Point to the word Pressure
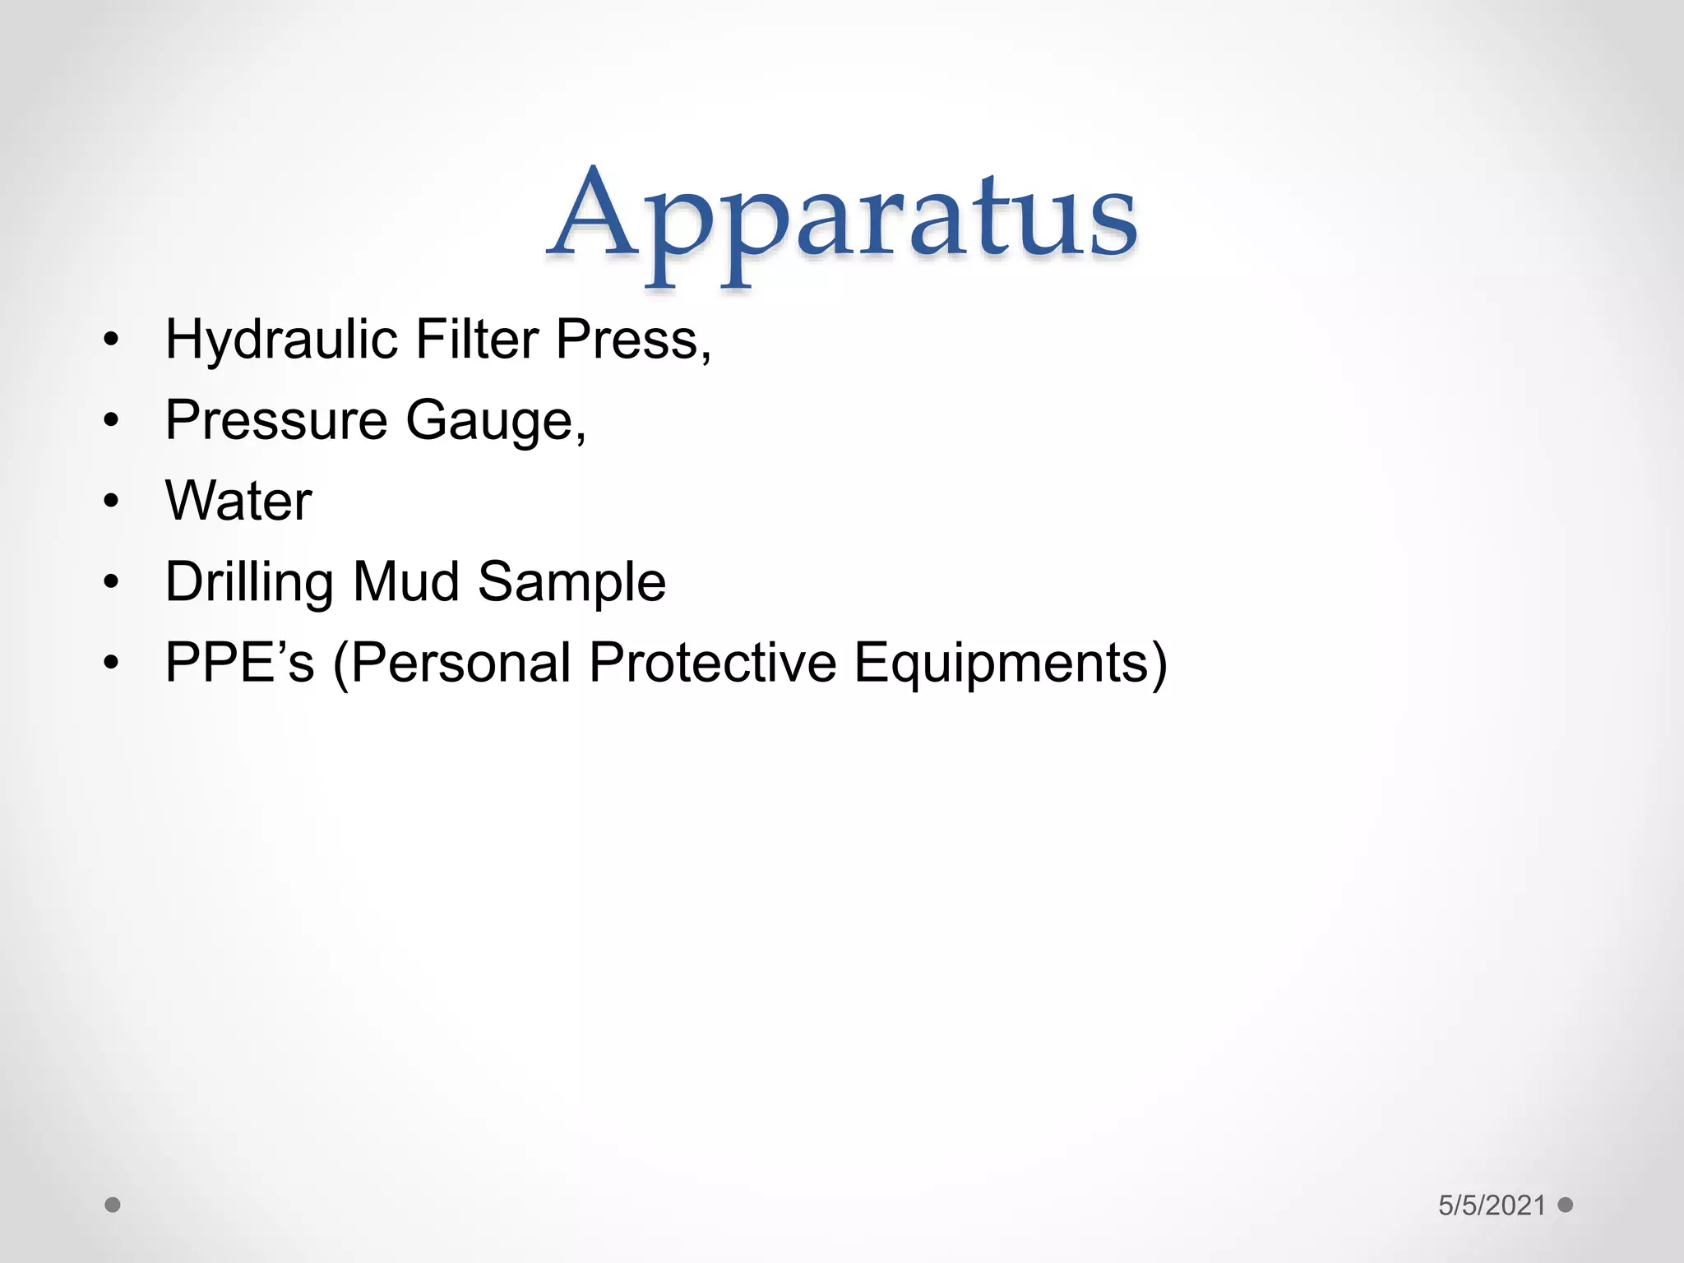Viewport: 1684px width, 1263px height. (276, 420)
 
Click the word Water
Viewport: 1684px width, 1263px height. (238, 501)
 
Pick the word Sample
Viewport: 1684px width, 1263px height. (571, 582)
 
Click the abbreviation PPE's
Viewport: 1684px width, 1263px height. (239, 663)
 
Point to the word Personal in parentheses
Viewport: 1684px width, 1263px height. (461, 663)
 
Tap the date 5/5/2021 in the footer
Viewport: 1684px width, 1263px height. (1492, 1205)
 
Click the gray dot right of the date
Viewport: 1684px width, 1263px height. (1566, 1205)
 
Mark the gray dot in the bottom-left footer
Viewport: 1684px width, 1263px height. (113, 1205)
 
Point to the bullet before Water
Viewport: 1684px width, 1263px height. (112, 502)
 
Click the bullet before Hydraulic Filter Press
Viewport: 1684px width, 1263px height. (112, 340)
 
